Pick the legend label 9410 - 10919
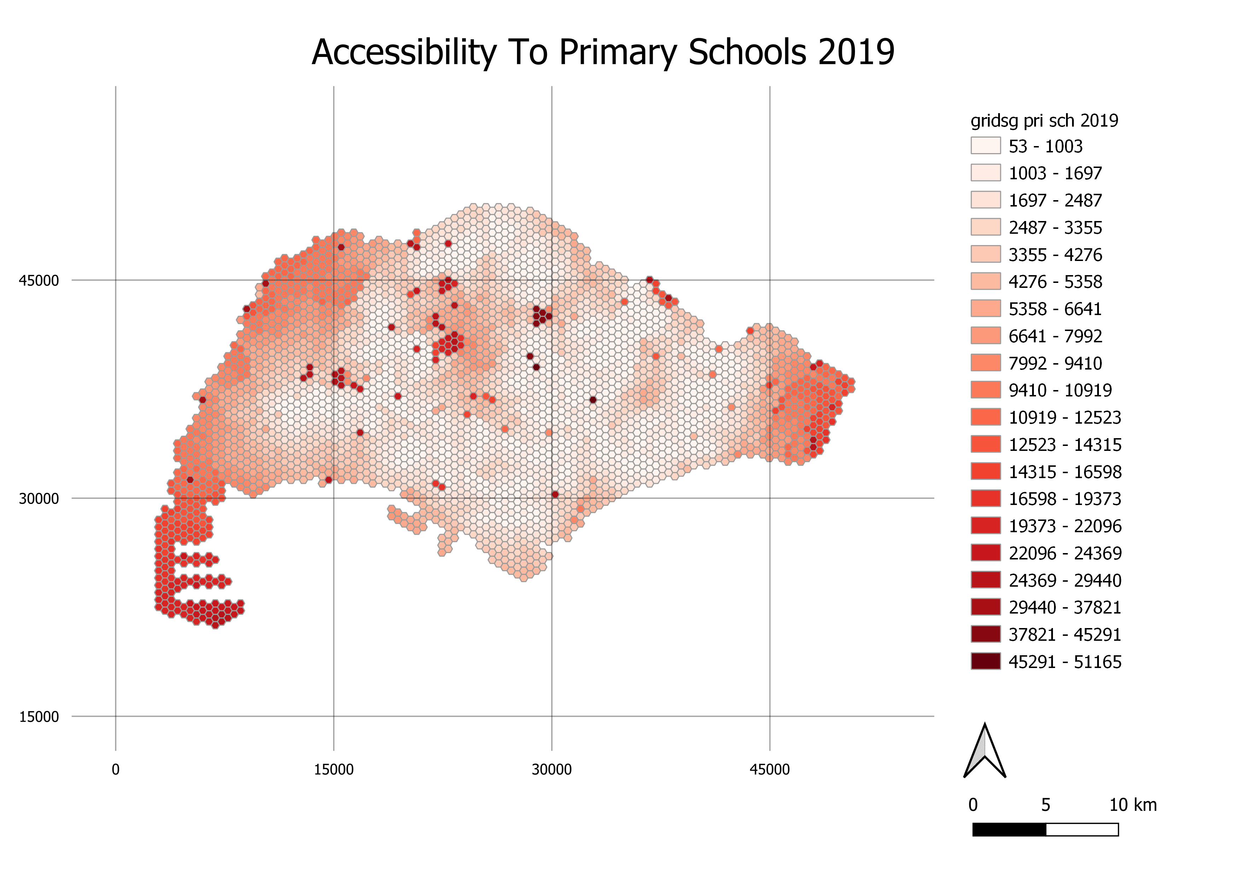point(1060,390)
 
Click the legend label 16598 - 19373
point(1065,499)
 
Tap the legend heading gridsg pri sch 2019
point(1044,121)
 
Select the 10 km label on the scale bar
point(1133,805)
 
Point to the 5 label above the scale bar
point(1046,805)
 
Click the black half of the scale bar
point(1009,829)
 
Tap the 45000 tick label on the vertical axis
point(39,280)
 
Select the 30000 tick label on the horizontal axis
point(552,769)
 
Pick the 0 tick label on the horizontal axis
point(116,769)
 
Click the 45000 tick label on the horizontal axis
point(770,769)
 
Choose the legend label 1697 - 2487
point(1055,201)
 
